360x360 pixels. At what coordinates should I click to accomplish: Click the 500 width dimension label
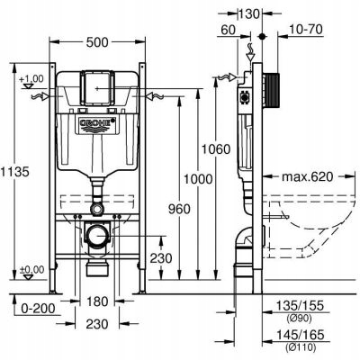click(x=97, y=42)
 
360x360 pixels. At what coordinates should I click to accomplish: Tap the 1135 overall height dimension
click(x=14, y=172)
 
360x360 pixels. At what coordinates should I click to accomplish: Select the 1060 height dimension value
click(x=216, y=149)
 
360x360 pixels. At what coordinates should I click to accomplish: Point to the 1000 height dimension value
click(x=198, y=179)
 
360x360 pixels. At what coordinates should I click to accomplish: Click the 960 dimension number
click(x=179, y=209)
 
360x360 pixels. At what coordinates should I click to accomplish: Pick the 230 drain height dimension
click(x=161, y=258)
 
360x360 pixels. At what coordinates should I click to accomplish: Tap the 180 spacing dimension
click(x=98, y=301)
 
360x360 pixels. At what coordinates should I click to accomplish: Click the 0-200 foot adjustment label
click(x=39, y=308)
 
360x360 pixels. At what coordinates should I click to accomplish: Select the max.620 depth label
click(x=307, y=176)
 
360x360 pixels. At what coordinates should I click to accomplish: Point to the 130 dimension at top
click(x=249, y=13)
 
